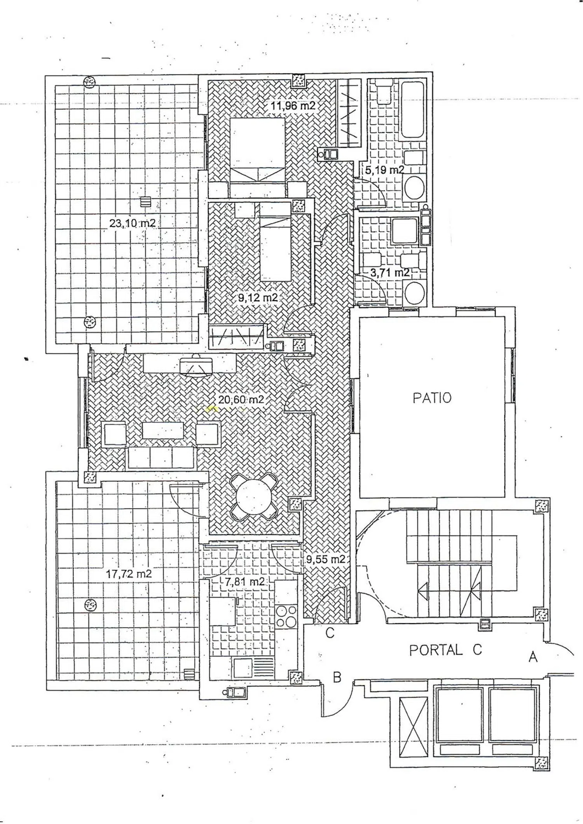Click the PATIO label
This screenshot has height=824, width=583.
pyautogui.click(x=432, y=398)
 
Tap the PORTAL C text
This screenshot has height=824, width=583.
pyautogui.click(x=445, y=650)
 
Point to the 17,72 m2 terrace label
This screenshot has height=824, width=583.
pyautogui.click(x=129, y=574)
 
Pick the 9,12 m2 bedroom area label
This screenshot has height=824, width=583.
pyautogui.click(x=258, y=297)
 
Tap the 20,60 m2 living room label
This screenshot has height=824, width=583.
pyautogui.click(x=241, y=399)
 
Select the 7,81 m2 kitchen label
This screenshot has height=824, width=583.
pyautogui.click(x=245, y=582)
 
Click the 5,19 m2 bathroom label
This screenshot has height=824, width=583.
pyautogui.click(x=385, y=170)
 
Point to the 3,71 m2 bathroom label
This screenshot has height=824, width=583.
pyautogui.click(x=390, y=273)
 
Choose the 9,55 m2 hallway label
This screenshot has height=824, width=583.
pyautogui.click(x=326, y=559)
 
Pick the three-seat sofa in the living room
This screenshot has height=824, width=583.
pyautogui.click(x=161, y=457)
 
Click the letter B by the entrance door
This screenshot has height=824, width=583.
pyautogui.click(x=337, y=677)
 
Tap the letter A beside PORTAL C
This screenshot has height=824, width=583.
pyautogui.click(x=533, y=657)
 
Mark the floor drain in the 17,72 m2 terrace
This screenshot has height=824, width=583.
pyautogui.click(x=90, y=605)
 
